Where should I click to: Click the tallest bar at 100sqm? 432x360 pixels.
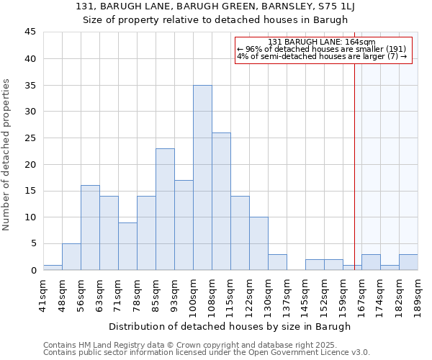pyautogui.click(x=202, y=177)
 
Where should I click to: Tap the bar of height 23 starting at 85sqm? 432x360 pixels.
pyautogui.click(x=165, y=209)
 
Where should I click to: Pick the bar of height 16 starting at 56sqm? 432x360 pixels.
pyautogui.click(x=90, y=228)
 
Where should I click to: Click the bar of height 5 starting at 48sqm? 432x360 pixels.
pyautogui.click(x=71, y=256)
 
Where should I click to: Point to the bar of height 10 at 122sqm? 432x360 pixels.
pyautogui.click(x=258, y=243)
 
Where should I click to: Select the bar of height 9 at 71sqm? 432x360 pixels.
pyautogui.click(x=127, y=246)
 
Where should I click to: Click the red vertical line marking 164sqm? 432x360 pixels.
pyautogui.click(x=354, y=158)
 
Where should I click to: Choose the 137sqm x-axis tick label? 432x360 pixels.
pyautogui.click(x=287, y=293)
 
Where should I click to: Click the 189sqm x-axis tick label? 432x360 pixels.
pyautogui.click(x=418, y=293)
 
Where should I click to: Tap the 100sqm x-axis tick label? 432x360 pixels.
pyautogui.click(x=194, y=293)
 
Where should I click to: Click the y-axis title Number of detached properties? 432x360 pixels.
pyautogui.click(x=7, y=155)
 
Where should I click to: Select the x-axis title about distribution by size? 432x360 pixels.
pyautogui.click(x=230, y=326)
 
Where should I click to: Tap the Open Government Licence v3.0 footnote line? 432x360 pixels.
pyautogui.click(x=207, y=353)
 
